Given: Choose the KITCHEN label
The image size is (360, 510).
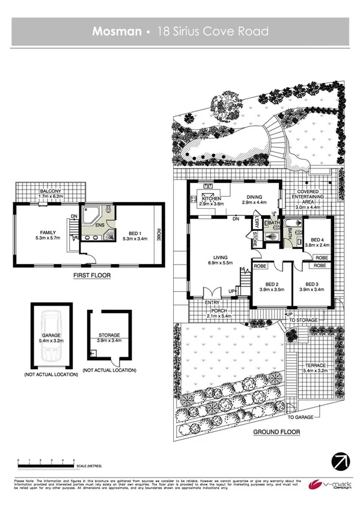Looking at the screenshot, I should pos(212,198).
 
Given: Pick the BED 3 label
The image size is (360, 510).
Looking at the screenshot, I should pos(311,284).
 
